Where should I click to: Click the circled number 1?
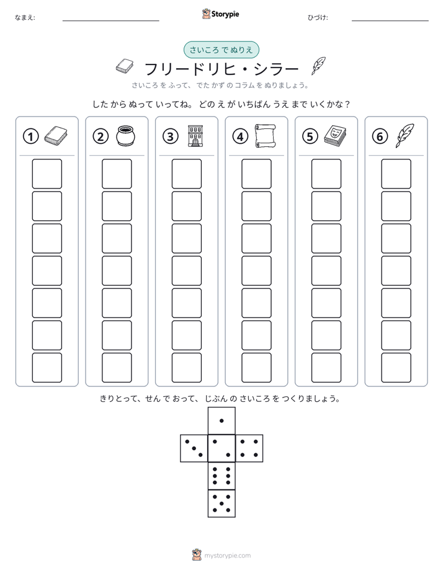[30, 136]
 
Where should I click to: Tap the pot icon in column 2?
[126, 136]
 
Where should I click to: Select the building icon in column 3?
[195, 136]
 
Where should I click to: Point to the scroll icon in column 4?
[266, 136]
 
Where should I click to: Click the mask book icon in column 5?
[335, 135]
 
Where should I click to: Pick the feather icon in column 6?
[405, 135]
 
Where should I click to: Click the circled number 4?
[240, 136]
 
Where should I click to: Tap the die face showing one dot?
[221, 420]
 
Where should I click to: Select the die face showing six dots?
[221, 476]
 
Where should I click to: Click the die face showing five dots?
[221, 503]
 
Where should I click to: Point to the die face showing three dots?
[194, 448]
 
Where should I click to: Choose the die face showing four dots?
[249, 448]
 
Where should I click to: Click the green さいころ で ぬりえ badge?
[221, 50]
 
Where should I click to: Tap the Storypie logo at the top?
[220, 14]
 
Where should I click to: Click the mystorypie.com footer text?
[227, 556]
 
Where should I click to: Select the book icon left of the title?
[125, 66]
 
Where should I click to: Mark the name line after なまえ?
[110, 21]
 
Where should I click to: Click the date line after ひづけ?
[390, 21]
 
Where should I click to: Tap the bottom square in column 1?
[47, 368]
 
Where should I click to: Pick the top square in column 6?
[396, 174]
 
